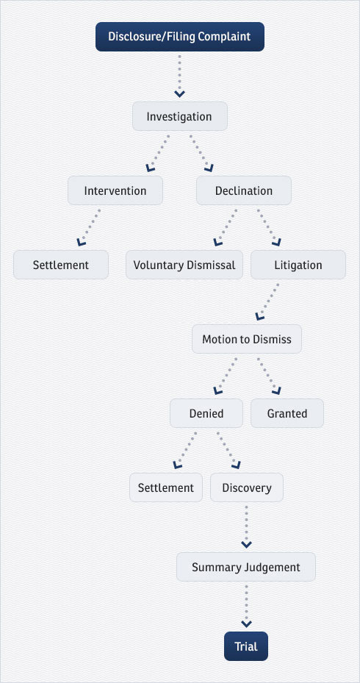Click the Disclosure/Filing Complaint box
tap(180, 37)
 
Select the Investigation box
tap(180, 116)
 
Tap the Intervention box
tap(115, 190)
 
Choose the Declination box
tap(244, 190)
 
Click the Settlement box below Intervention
tap(61, 265)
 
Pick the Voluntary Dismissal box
tap(184, 265)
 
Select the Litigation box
tap(298, 265)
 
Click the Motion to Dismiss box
tap(247, 339)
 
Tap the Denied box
tap(206, 413)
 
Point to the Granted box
tap(287, 413)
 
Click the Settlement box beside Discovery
tap(166, 487)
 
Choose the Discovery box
tap(247, 487)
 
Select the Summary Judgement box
tap(246, 567)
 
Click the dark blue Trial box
tap(246, 646)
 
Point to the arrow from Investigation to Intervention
tap(157, 153)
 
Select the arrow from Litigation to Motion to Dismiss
tap(267, 301)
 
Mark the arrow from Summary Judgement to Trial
tap(246, 607)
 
